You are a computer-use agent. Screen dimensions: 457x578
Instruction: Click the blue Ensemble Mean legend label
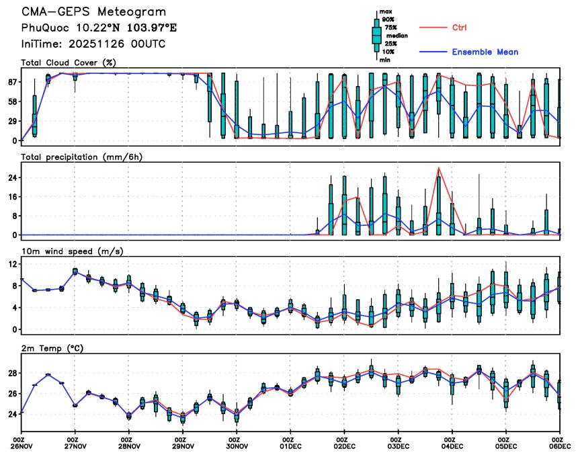(x=485, y=52)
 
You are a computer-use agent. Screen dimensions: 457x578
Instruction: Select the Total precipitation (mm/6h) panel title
(x=82, y=157)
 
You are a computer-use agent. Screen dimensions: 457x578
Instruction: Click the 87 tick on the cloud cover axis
(x=12, y=82)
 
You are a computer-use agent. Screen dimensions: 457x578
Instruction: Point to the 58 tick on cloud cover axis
(x=12, y=101)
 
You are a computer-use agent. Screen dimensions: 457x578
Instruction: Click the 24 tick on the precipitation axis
(x=12, y=178)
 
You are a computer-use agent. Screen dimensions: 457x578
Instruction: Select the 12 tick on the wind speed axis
(x=12, y=265)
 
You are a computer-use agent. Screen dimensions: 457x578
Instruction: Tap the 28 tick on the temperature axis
(x=12, y=373)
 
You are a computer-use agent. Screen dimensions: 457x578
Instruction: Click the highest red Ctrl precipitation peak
(x=438, y=167)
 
